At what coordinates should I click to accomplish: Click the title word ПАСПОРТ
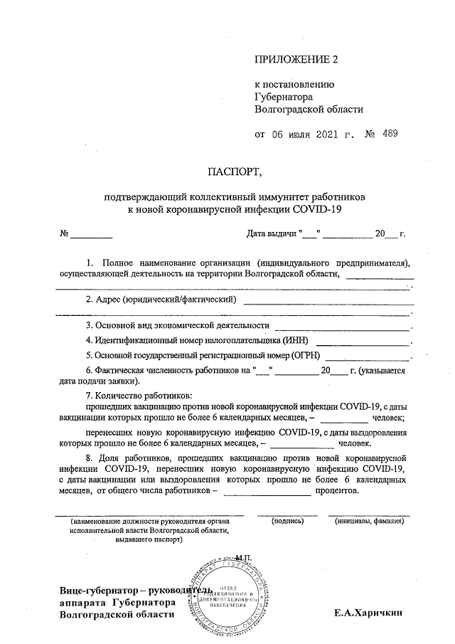[x=235, y=171]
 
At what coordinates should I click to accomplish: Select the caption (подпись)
[x=287, y=522]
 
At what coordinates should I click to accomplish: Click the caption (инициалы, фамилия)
[x=370, y=522]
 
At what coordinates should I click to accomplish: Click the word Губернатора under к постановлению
[x=284, y=97]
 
